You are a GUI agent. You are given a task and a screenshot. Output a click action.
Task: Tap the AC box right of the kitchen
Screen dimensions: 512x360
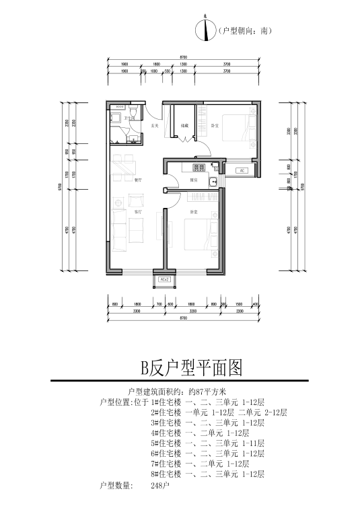[240, 171]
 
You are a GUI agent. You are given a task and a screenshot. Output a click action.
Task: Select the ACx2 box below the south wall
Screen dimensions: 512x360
[164, 279]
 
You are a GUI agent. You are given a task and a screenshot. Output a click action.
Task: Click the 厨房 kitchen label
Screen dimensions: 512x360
[193, 180]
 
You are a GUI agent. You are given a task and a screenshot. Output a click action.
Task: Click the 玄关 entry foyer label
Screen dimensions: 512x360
[153, 126]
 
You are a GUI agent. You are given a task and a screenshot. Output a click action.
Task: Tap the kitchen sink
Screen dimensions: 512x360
[213, 181]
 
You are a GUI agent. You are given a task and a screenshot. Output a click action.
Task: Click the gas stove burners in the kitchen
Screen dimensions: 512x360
[199, 167]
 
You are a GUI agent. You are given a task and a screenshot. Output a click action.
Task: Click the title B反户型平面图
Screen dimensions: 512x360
[190, 367]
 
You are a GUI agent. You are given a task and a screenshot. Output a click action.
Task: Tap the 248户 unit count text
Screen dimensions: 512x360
[161, 484]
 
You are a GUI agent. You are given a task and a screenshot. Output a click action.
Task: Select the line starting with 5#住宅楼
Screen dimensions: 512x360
[208, 443]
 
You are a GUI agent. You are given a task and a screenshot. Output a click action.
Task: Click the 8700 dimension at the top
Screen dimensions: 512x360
[184, 56]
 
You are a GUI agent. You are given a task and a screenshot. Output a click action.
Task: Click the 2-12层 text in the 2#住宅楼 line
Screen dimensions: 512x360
[274, 412]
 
